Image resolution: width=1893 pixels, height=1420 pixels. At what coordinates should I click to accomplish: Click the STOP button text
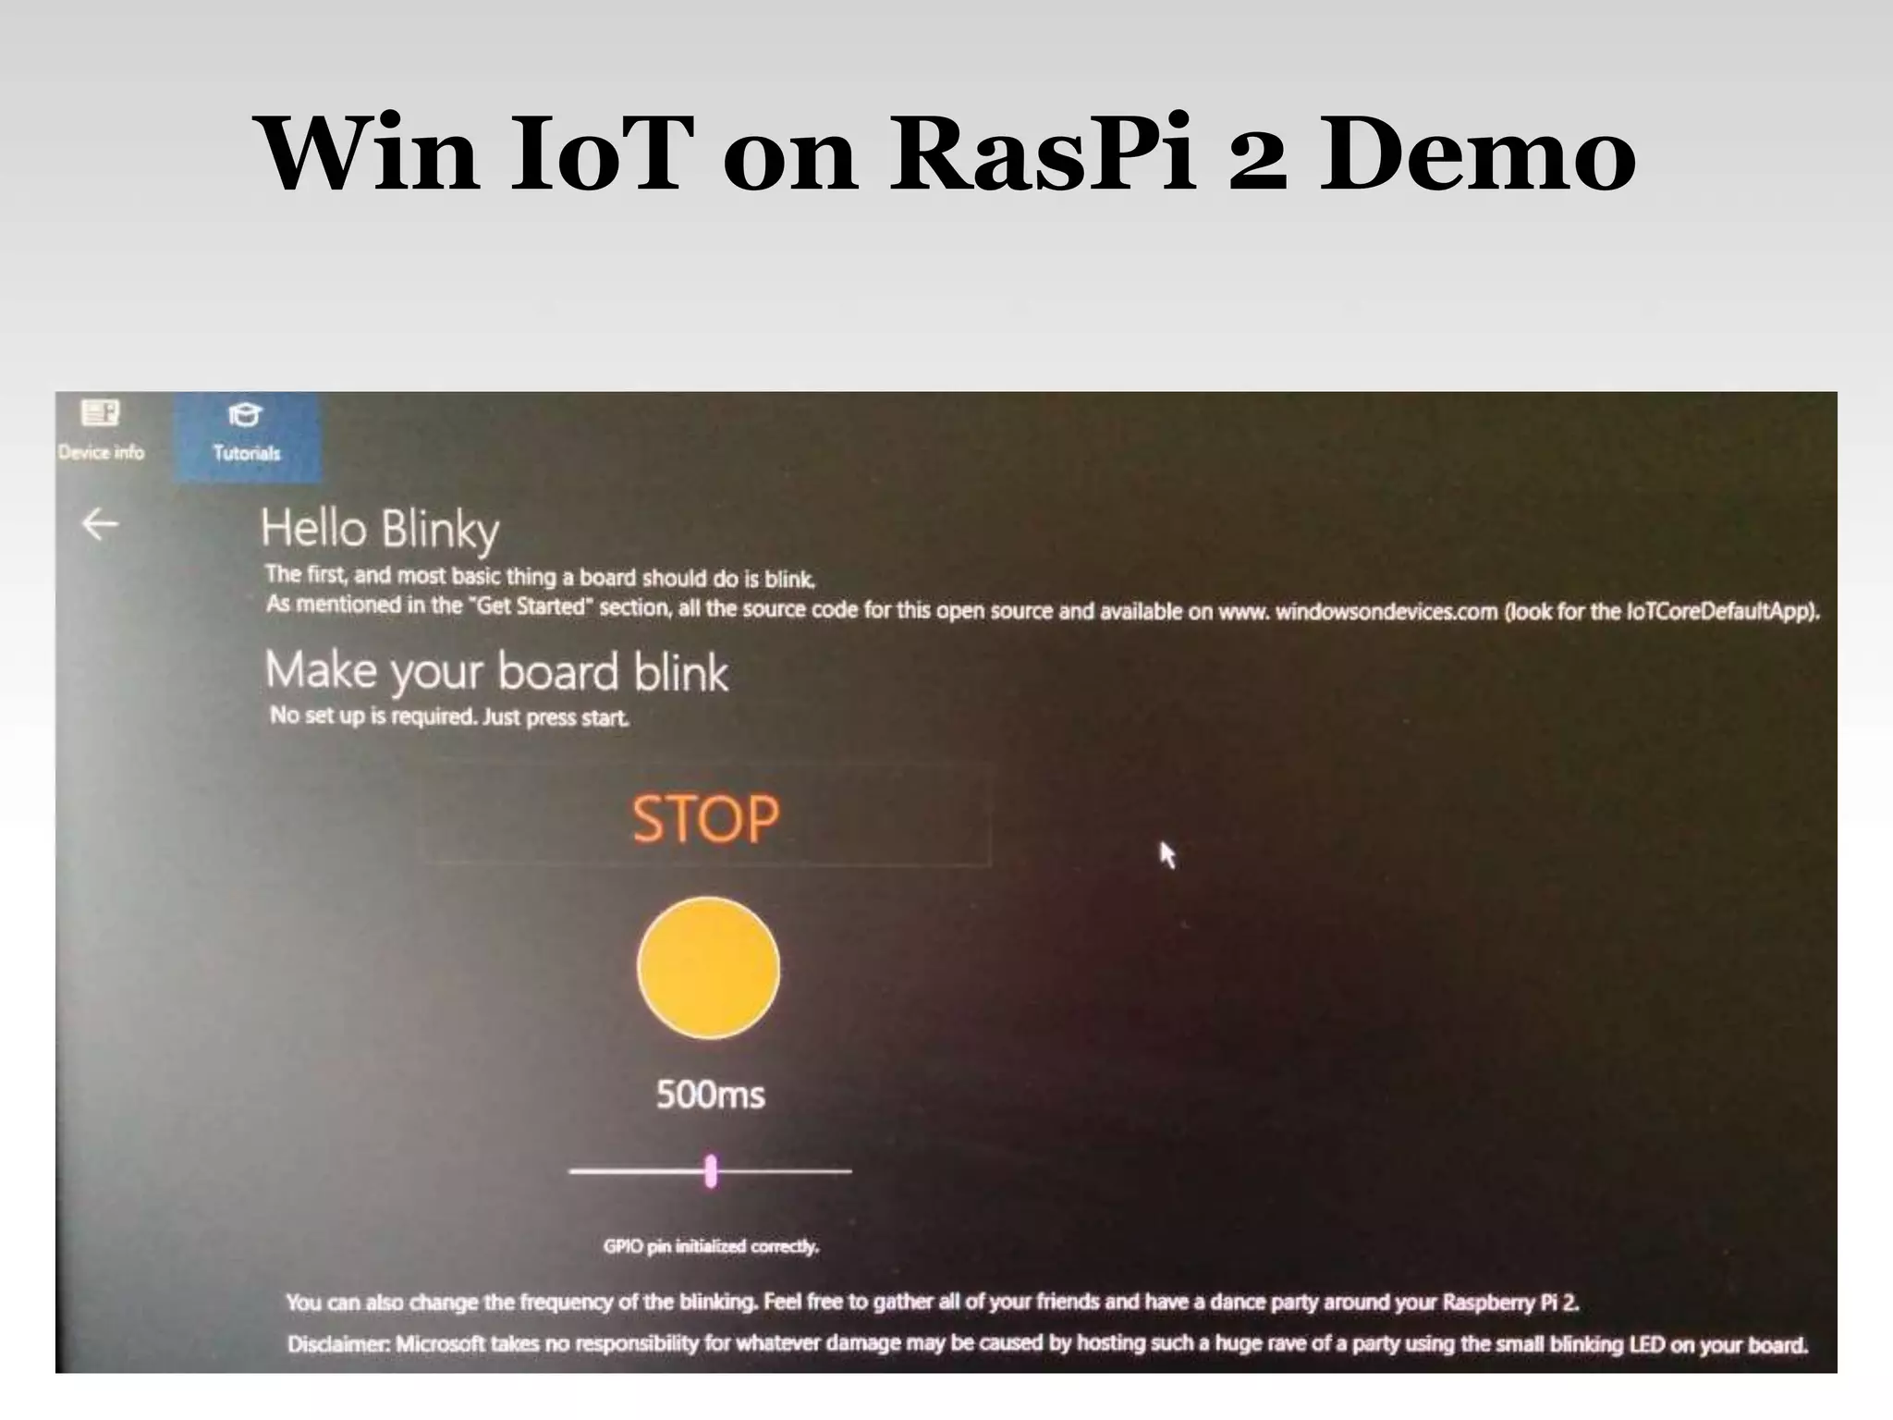coord(705,818)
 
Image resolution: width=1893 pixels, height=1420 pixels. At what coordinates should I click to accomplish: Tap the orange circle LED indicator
coord(708,967)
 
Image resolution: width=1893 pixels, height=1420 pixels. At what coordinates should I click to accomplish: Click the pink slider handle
coord(711,1170)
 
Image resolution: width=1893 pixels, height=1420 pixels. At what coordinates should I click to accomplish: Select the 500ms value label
coord(710,1095)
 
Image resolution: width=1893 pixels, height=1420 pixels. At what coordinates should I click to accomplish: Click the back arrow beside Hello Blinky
coord(100,524)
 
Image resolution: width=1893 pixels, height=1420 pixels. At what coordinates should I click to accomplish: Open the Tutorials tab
coord(246,435)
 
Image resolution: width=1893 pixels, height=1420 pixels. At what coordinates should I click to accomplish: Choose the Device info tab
coord(102,432)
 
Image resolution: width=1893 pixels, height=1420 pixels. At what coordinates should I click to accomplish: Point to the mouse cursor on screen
coord(1166,853)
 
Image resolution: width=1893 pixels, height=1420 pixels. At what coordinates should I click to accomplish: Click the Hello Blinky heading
coord(380,529)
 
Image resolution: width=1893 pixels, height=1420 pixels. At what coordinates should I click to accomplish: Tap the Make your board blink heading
coord(496,671)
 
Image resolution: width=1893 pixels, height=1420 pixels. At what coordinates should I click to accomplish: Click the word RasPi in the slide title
coord(1043,153)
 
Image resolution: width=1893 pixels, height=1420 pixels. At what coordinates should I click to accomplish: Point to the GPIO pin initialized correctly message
coord(711,1246)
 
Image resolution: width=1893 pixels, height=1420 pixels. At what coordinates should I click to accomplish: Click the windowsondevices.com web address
coord(1386,611)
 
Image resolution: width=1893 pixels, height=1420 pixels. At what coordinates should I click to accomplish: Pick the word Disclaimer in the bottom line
coord(337,1343)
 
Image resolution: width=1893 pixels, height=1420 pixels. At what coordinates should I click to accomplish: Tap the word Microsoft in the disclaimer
coord(440,1343)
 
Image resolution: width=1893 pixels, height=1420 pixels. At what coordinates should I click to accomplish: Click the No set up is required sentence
coord(449,716)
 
